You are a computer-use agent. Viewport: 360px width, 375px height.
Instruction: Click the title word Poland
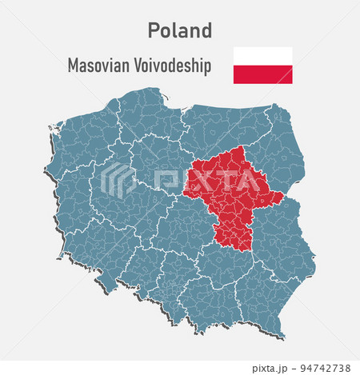pyautogui.click(x=180, y=30)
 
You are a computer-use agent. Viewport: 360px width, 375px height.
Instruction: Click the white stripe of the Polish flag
pyautogui.click(x=262, y=56)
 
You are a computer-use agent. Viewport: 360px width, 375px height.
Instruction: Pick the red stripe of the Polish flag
pyautogui.click(x=262, y=74)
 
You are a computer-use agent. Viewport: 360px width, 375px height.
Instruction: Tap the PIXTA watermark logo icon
pyautogui.click(x=118, y=180)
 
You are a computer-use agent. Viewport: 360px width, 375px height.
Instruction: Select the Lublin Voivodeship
pyautogui.click(x=280, y=240)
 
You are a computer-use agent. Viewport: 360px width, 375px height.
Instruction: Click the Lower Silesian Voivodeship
pyautogui.click(x=100, y=256)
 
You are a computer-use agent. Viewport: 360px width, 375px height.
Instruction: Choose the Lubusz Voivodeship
pyautogui.click(x=68, y=200)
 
